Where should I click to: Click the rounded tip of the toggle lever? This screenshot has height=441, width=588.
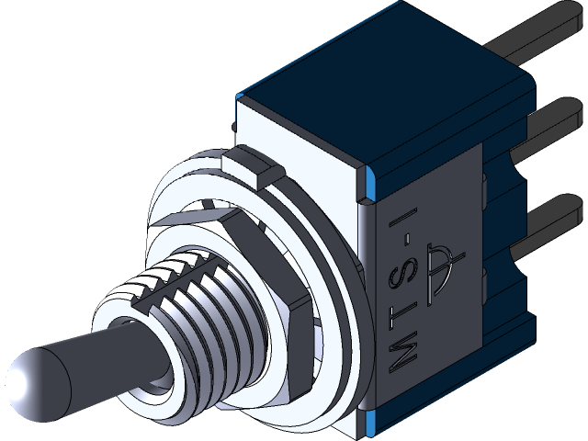coord(32,376)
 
